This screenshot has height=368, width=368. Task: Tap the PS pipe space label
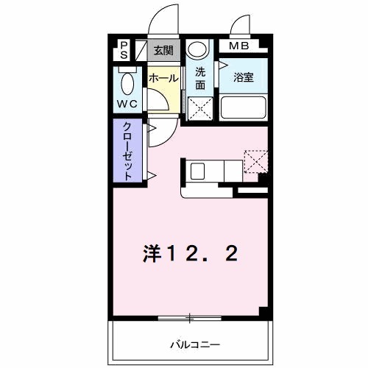coord(124,50)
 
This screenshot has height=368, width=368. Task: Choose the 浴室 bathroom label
coord(244,77)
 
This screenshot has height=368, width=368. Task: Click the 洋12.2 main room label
coord(189,254)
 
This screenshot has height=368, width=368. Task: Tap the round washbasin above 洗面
coord(197,50)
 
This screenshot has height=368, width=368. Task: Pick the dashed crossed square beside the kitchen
coord(256,162)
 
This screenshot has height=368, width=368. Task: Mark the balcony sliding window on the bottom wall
coord(189,318)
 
